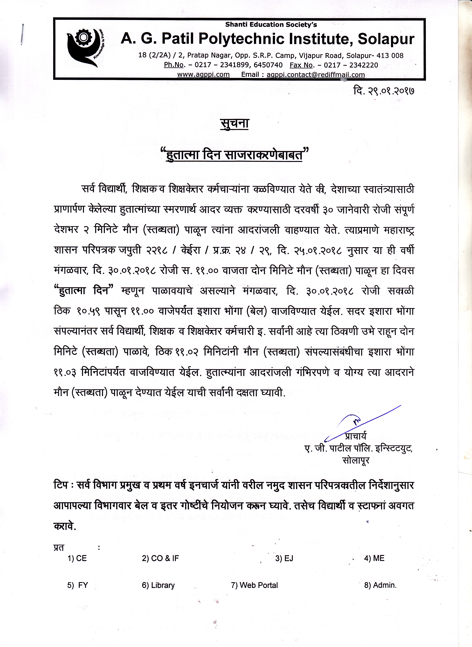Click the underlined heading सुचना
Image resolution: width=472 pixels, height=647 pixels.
coord(234,124)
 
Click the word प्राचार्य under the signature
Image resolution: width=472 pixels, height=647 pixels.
coord(356,436)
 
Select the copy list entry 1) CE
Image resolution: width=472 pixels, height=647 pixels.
coord(77,558)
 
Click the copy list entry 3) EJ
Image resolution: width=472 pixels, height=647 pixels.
coord(284,558)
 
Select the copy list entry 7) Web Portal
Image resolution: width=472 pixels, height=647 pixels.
coord(254,585)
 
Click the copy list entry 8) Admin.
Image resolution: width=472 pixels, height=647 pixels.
coord(380,585)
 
